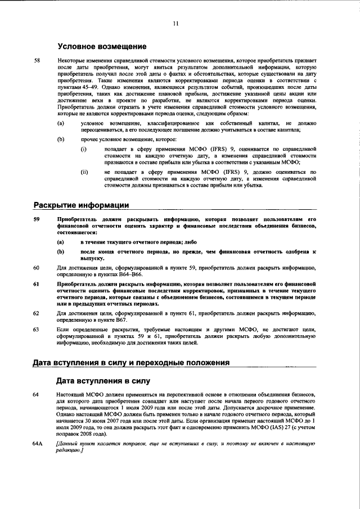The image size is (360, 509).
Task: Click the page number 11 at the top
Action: coord(175,23)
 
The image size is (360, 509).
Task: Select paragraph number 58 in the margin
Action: coord(37,60)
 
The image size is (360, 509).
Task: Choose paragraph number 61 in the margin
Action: coord(37,284)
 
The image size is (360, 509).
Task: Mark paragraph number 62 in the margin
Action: coord(37,313)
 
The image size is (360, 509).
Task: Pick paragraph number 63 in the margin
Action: coord(37,328)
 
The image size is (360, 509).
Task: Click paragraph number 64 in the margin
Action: coord(37,395)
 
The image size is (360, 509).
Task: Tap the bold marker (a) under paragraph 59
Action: coord(60,241)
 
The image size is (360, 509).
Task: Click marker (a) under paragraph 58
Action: coord(60,123)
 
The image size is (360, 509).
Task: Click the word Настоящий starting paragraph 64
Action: coord(70,395)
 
